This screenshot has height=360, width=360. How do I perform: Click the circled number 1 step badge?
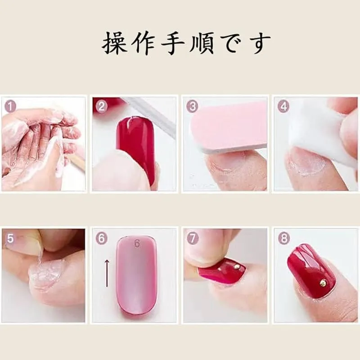(x=10, y=107)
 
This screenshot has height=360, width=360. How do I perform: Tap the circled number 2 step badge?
(x=101, y=107)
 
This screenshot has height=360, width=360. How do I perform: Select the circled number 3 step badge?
(x=193, y=107)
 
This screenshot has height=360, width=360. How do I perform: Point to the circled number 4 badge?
(x=283, y=107)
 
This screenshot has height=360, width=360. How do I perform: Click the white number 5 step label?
(x=10, y=238)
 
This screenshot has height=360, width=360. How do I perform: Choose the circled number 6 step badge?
(x=101, y=238)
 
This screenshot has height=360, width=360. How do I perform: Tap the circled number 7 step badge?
(x=193, y=238)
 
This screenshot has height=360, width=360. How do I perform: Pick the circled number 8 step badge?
(x=283, y=238)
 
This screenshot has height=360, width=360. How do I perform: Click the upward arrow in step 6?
(x=107, y=273)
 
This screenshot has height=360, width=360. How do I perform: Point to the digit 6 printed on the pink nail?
(x=137, y=243)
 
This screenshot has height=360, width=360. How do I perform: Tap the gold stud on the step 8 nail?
(x=323, y=283)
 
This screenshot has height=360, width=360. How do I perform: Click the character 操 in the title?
(x=114, y=43)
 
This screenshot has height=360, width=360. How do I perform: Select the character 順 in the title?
(x=201, y=43)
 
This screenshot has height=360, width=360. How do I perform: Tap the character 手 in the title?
(x=173, y=43)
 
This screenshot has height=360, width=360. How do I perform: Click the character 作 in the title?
(x=144, y=43)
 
